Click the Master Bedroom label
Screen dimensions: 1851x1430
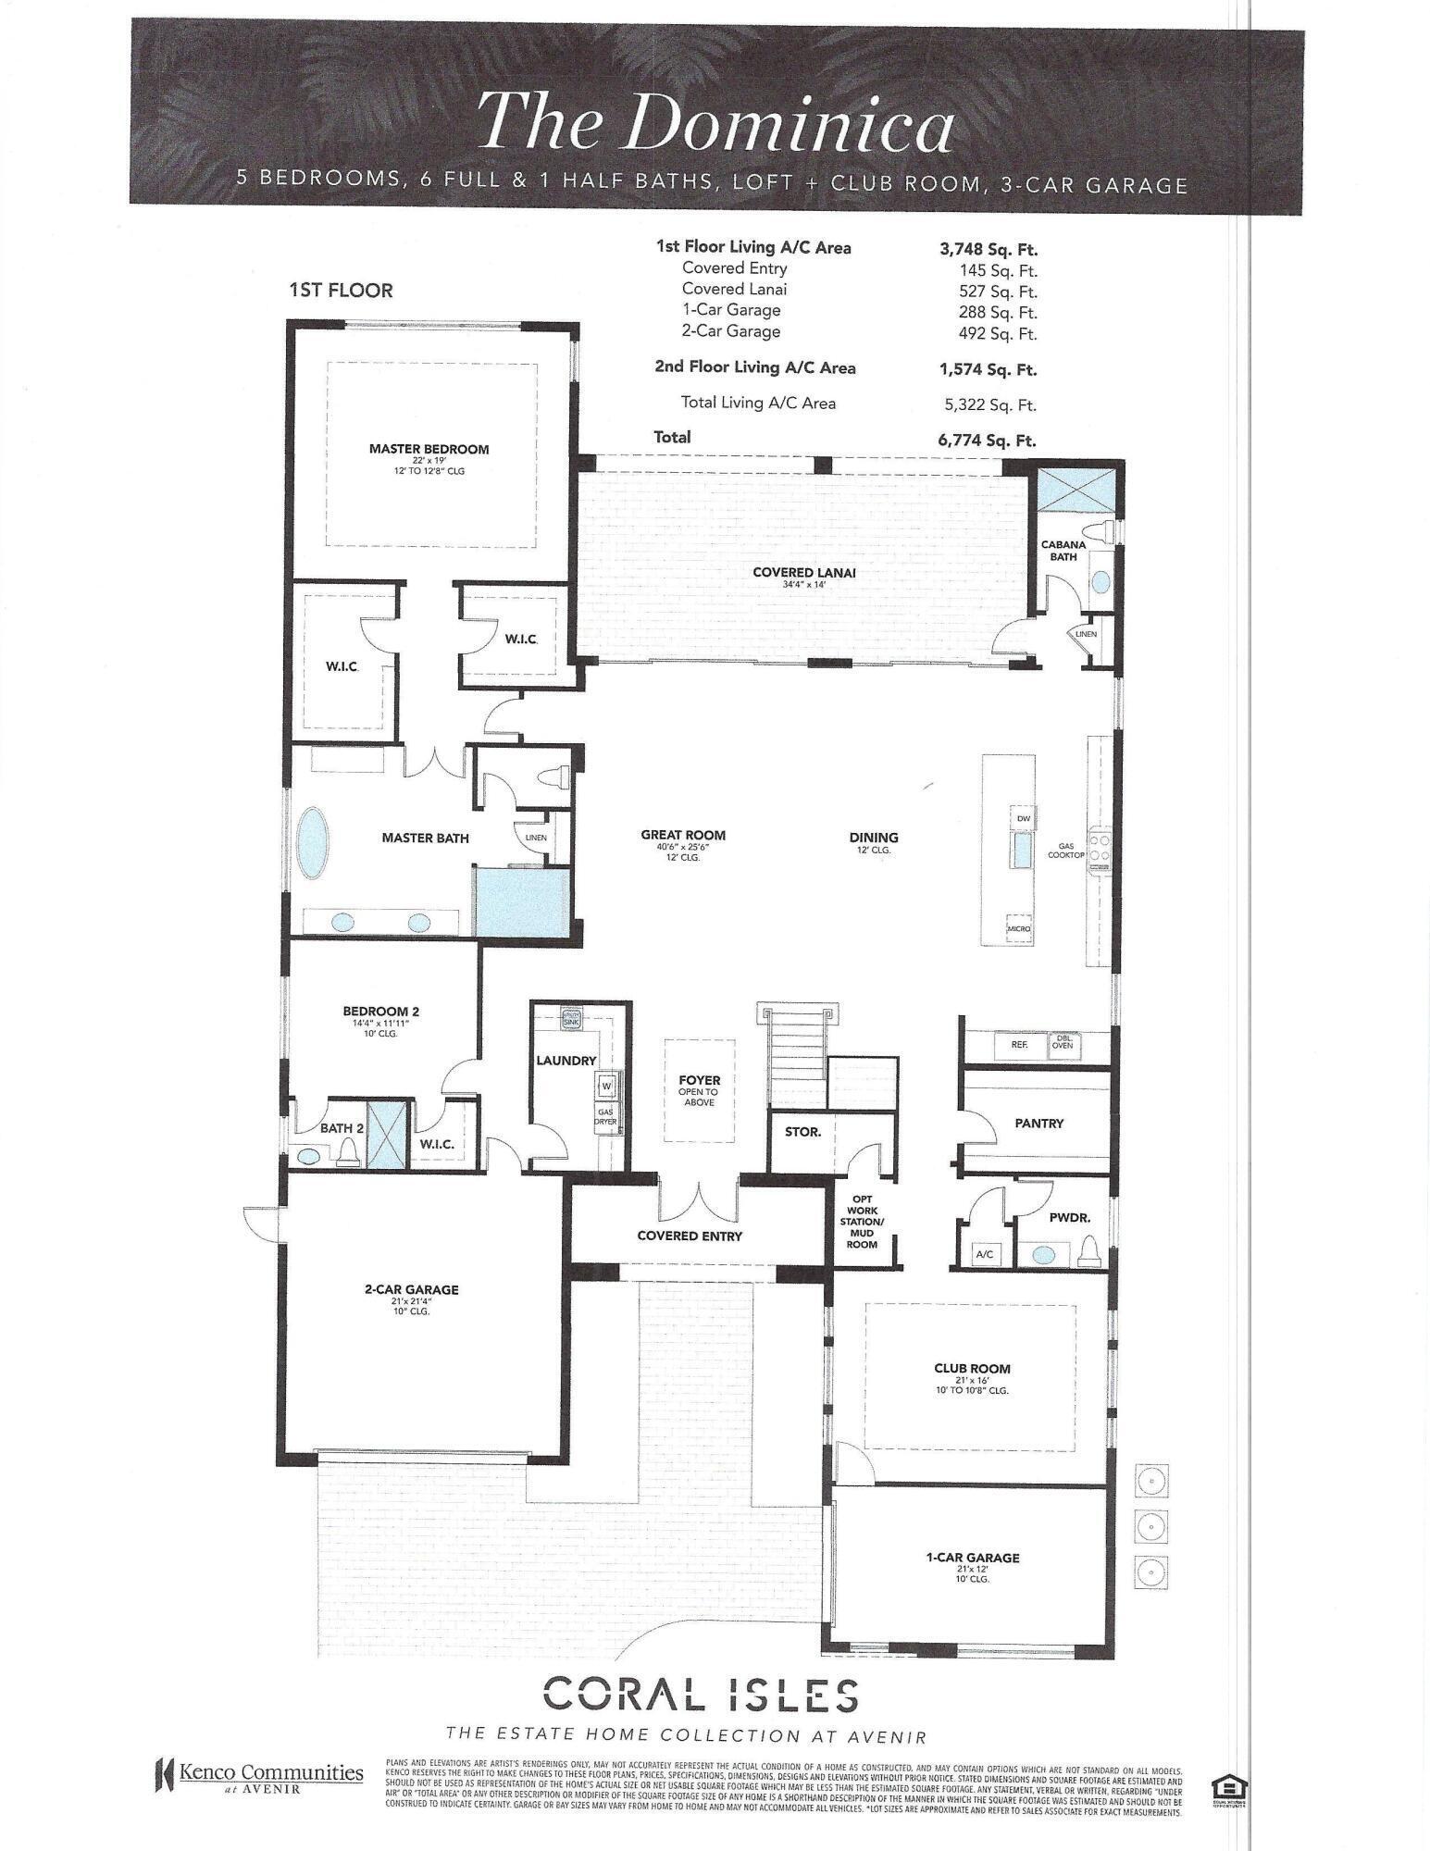429,450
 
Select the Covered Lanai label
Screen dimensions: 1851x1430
803,573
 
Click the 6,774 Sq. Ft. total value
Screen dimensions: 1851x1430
987,441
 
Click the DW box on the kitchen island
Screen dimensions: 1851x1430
1023,819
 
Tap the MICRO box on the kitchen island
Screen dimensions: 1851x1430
1019,928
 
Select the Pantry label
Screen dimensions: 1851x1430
1038,1123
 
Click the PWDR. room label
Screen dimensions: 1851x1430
1070,1219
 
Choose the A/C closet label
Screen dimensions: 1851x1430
984,1254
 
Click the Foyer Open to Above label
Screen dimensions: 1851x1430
700,1089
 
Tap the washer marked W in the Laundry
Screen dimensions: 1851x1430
607,1084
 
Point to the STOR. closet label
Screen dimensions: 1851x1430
802,1131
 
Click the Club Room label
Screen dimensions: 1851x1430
972,1369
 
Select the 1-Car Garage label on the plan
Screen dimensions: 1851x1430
972,1558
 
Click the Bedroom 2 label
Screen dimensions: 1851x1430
381,1012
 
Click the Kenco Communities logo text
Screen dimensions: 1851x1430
270,1772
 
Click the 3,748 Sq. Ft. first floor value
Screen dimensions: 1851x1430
988,249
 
